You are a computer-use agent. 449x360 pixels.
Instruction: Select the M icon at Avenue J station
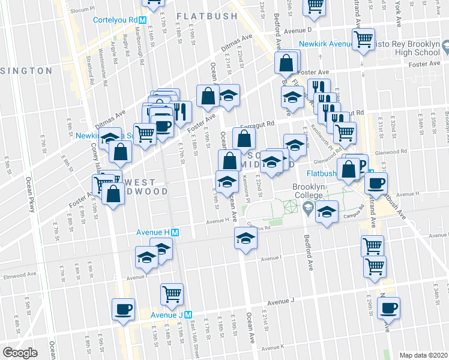[188, 315]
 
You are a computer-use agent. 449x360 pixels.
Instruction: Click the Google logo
[20, 353]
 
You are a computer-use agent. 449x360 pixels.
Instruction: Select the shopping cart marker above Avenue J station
[172, 293]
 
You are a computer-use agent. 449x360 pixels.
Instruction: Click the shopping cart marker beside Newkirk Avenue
[363, 40]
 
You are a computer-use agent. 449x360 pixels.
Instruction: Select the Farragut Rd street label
[257, 124]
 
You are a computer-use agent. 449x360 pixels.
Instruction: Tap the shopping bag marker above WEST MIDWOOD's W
[121, 153]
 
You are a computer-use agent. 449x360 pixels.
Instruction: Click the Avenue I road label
[271, 258]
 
